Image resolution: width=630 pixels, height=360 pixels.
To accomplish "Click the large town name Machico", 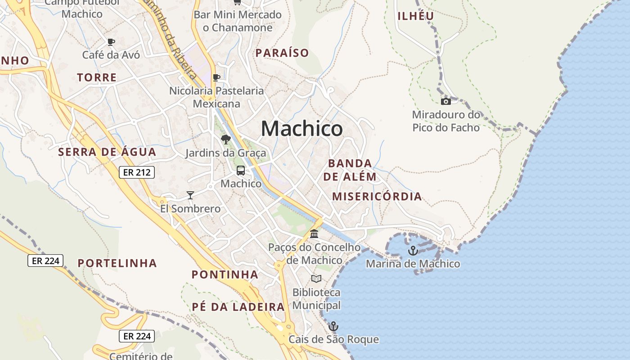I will pos(301,129).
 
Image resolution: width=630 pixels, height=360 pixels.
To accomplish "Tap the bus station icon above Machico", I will pos(241,171).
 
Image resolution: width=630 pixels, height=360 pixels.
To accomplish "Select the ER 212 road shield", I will pos(137,172).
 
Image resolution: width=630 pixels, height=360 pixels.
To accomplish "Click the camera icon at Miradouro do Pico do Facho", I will pos(445,101).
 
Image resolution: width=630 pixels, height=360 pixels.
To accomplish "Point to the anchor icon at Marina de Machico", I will pos(413,251).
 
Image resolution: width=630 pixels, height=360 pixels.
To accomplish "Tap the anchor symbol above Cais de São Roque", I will pos(333,326).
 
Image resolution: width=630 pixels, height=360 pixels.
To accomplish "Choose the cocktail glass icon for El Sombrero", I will pos(190,195).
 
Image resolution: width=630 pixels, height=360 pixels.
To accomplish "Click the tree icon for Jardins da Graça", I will pos(225,139).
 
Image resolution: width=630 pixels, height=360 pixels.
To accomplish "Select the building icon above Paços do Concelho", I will pos(314,234).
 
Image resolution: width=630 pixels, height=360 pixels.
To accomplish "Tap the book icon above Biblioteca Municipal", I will pos(316,279).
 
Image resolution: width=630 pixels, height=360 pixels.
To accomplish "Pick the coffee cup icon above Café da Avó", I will pos(111,42).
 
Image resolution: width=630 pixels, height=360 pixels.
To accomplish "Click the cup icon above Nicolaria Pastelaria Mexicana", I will pos(216,77).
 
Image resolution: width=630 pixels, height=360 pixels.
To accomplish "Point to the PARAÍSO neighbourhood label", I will pos(282,53).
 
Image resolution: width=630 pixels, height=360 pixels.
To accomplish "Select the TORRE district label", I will pos(97,77).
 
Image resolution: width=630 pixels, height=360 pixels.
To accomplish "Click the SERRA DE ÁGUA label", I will pos(107,152).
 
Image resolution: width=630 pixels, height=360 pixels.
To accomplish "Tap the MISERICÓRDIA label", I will pos(377,196).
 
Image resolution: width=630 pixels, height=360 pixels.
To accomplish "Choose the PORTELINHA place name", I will pos(117,263).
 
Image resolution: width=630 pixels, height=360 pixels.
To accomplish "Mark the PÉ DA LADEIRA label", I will pos(238,307).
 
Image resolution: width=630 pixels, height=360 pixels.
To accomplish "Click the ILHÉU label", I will pos(416,16).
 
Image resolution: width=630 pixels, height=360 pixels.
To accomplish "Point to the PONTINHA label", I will pos(225,274).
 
